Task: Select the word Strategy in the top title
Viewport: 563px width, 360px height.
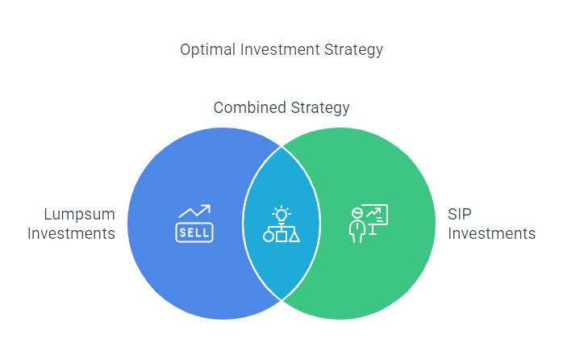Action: click(356, 50)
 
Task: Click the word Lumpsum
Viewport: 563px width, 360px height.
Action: click(79, 215)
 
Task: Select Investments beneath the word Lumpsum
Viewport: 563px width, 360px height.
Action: click(72, 234)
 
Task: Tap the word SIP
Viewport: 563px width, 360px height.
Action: click(461, 215)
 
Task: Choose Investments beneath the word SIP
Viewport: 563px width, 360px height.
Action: click(491, 234)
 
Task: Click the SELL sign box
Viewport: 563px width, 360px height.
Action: click(194, 232)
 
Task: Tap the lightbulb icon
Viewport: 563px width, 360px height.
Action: click(281, 214)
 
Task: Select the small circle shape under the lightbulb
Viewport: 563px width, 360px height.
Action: click(268, 237)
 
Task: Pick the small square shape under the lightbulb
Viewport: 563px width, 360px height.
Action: click(281, 237)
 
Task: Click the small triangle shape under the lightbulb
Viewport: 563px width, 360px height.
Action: click(294, 237)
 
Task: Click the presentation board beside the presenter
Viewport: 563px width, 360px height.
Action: click(375, 215)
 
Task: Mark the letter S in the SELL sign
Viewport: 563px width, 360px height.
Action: click(182, 232)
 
